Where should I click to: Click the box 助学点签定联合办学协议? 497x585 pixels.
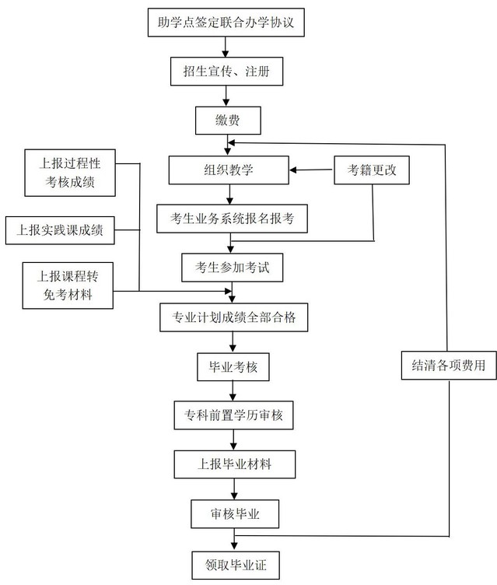coord(226,23)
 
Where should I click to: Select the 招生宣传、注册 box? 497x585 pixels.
coord(226,72)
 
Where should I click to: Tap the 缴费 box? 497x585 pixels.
coord(228,121)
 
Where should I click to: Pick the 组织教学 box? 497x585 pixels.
coord(229,170)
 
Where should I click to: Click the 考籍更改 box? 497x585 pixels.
coord(372,170)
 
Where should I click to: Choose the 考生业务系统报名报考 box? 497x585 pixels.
coord(232,219)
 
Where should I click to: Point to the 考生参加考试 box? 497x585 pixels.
coord(232,268)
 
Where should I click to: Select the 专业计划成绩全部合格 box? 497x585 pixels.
coord(234,317)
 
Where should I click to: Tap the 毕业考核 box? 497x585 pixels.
coord(233,367)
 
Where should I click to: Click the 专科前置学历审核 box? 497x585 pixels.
coord(233,415)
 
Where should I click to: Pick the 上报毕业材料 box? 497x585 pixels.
coord(235,464)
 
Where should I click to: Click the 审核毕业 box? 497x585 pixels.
coord(235,514)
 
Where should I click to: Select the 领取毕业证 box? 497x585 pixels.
coord(236,566)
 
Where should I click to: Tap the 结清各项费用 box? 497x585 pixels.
coord(449,366)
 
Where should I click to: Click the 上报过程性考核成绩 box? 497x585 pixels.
coord(70,173)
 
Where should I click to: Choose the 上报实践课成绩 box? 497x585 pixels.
coord(60,230)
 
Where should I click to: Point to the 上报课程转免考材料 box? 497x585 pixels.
coord(68,285)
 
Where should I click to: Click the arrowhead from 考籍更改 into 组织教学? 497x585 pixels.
coord(293,170)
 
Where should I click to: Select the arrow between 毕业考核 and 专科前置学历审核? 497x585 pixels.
coord(233,391)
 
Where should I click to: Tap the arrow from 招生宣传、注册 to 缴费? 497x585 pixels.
coord(226,96)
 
